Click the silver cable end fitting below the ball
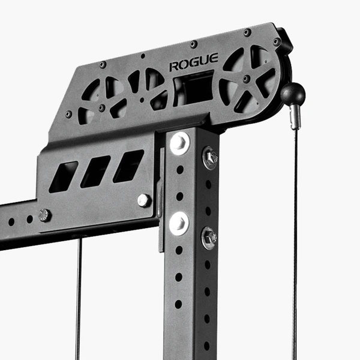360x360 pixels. point(295,117)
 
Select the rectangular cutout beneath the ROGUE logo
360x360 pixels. point(194,89)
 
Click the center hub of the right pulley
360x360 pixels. point(247,79)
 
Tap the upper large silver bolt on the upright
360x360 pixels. point(180,143)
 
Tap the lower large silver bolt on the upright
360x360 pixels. point(179,223)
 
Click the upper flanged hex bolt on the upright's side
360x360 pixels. point(210,158)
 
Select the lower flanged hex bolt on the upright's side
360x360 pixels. point(209,238)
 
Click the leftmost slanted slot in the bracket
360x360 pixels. point(64,177)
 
